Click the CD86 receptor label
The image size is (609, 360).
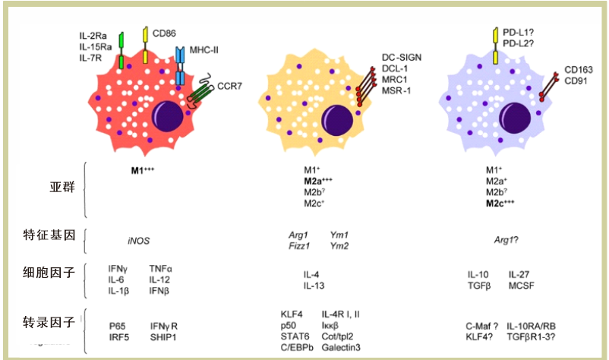point(164,33)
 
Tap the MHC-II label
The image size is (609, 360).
point(204,50)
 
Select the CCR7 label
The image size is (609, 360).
point(229,86)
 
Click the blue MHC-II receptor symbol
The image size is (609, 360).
point(179,65)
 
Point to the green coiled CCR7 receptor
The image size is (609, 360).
point(200,91)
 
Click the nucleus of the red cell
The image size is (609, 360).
point(167,116)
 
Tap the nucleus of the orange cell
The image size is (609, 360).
point(337,119)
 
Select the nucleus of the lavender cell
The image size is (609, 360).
point(515,118)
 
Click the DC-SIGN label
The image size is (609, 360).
point(401,58)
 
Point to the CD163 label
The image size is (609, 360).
point(579,70)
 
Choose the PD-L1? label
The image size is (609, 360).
point(518,33)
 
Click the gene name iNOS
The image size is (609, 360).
point(138,242)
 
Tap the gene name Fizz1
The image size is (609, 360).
point(299,246)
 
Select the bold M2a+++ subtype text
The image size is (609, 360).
point(318,181)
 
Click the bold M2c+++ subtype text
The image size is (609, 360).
point(500,203)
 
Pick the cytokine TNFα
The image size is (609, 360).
point(160,269)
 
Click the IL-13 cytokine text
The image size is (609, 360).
point(314,286)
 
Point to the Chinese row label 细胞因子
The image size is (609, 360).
point(49,273)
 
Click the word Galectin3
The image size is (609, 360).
point(341,348)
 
